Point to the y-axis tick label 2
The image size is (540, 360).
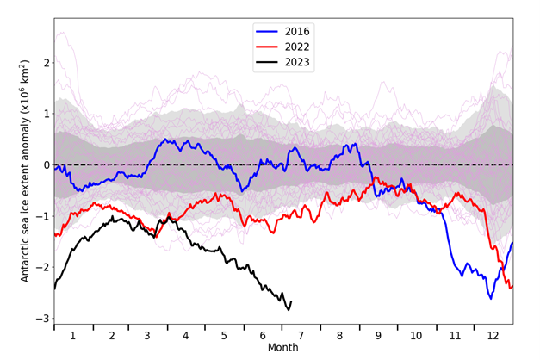[x=43, y=62]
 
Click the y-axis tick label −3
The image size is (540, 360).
[x=40, y=319]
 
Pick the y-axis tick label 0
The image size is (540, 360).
[x=43, y=164]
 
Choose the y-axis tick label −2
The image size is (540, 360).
[x=40, y=267]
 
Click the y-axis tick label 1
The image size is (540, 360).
[x=43, y=114]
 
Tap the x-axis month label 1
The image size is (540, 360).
[x=72, y=335]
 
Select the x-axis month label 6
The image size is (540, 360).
[x=260, y=335]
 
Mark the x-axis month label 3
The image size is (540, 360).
[x=147, y=335]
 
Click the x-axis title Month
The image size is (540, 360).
[x=282, y=349]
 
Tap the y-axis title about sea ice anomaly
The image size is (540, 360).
[x=23, y=171]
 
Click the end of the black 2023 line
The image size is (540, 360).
[x=291, y=301]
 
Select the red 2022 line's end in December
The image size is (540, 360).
[x=512, y=287]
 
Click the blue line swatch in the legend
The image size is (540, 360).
[x=269, y=31]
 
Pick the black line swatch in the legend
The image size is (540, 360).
[x=269, y=63]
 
